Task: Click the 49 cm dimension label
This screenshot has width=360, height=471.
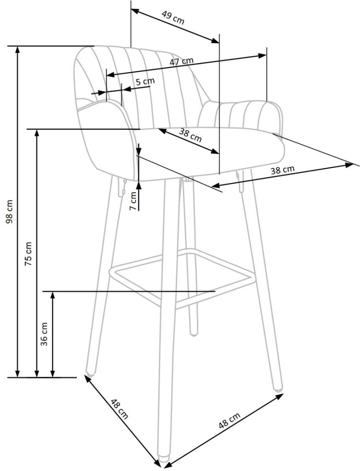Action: point(173,18)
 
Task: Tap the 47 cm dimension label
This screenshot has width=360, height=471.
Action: point(181,61)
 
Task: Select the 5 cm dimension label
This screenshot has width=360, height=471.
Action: point(145,81)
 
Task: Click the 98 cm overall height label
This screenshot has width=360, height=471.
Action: point(10,211)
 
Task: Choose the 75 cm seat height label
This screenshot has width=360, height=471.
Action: point(28,253)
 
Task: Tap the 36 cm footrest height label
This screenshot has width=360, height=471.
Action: point(45,334)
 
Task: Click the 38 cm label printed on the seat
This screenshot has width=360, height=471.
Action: point(190,135)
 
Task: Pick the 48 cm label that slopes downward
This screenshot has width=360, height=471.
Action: point(120,408)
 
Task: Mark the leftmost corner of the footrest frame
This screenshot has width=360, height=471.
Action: point(110,270)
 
